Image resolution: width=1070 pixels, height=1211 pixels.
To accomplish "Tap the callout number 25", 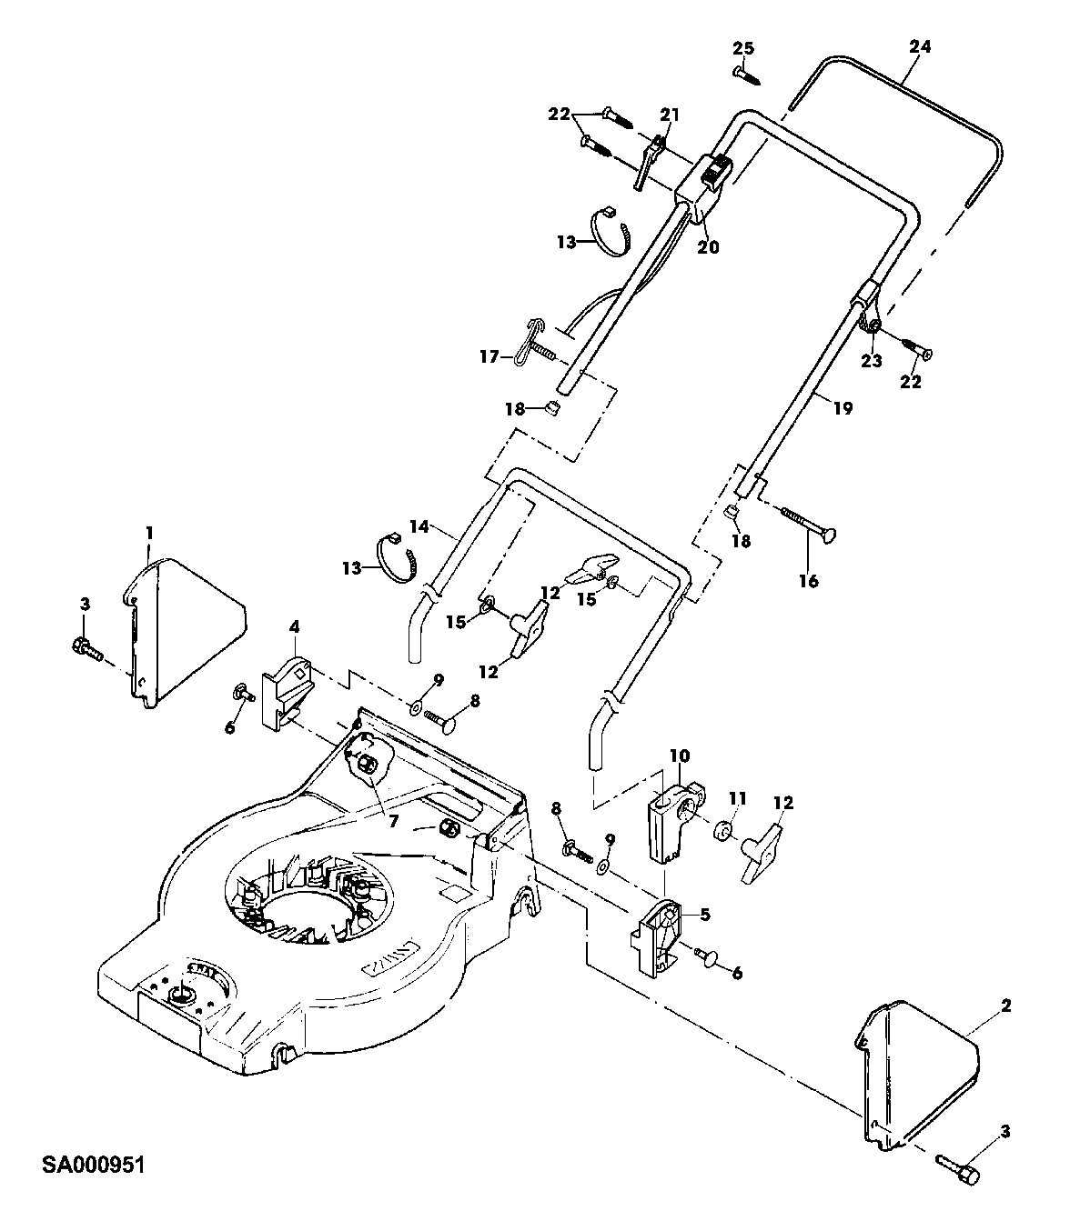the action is (x=743, y=48).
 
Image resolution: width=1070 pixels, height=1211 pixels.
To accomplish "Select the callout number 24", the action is (x=921, y=46).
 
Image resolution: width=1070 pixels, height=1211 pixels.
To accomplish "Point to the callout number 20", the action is (x=708, y=246).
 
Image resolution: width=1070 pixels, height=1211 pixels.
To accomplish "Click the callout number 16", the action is (x=809, y=580).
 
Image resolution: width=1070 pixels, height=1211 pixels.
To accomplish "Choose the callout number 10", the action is (x=680, y=756).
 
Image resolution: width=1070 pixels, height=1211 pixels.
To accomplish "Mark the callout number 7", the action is (x=393, y=821).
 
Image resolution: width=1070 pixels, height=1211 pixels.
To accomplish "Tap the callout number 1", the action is (x=149, y=532).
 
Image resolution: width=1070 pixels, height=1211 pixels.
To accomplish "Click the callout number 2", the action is (x=1006, y=1006).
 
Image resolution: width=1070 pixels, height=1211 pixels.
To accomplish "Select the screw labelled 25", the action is (x=746, y=75).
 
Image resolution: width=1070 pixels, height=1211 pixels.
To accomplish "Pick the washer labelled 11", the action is (x=722, y=831).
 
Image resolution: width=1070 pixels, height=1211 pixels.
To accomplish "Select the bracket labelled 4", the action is (x=288, y=694).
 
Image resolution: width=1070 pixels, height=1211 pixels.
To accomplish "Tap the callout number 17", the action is (x=490, y=356).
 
